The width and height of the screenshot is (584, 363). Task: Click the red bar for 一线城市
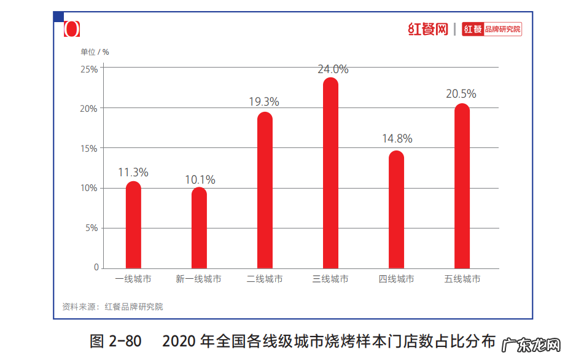tap(133, 225)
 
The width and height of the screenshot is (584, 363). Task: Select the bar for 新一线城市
tap(199, 228)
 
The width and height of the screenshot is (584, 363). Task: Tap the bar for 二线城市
tap(265, 191)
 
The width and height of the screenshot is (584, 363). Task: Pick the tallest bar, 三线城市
tap(330, 174)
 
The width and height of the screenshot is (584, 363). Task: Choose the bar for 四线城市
tap(397, 210)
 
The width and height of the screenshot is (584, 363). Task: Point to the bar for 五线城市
tap(462, 187)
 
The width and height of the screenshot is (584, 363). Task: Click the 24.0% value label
tap(333, 69)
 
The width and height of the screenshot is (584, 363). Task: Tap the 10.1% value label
tap(200, 180)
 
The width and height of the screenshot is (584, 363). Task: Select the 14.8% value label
tap(397, 139)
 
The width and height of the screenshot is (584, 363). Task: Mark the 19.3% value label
tap(264, 102)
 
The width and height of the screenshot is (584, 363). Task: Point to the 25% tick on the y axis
tap(89, 69)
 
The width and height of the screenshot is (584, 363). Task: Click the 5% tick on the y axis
tap(91, 228)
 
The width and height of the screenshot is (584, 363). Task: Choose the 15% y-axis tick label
tap(89, 149)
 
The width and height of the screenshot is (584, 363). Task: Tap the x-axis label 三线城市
tap(330, 279)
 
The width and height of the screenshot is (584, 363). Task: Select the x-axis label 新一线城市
tap(198, 279)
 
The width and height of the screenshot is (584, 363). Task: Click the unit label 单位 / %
tap(95, 52)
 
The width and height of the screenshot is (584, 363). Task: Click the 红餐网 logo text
tap(428, 29)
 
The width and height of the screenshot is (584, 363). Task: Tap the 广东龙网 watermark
tap(532, 345)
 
